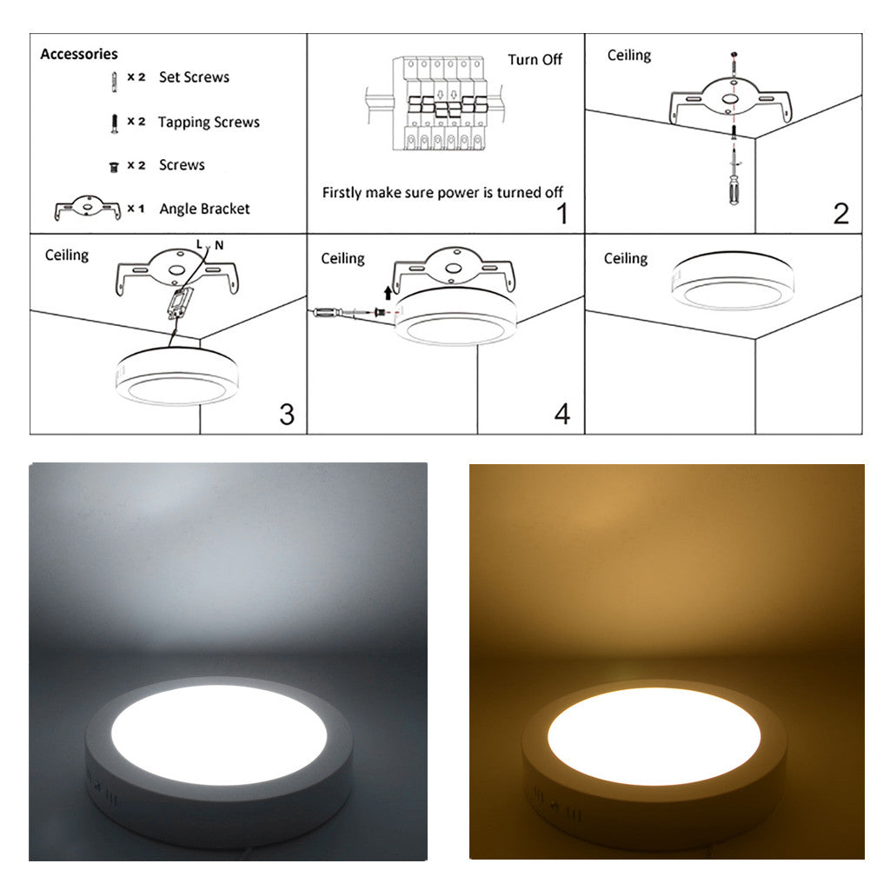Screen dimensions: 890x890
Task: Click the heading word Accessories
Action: [79, 54]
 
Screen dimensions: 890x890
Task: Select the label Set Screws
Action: [194, 77]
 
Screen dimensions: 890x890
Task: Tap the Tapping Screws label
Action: [209, 122]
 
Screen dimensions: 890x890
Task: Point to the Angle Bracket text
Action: [204, 209]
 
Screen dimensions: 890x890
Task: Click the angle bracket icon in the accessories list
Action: [88, 209]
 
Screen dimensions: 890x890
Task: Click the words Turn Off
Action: [535, 60]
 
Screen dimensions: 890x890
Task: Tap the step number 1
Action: [562, 214]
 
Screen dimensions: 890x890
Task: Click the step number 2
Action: [841, 214]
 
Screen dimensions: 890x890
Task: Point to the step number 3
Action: [287, 415]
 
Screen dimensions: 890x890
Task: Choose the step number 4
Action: [562, 415]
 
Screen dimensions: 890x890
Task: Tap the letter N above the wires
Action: [219, 245]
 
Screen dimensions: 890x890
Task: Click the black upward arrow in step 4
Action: [388, 292]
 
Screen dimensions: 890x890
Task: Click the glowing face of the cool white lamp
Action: [219, 735]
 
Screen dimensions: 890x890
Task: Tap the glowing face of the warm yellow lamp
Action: [654, 736]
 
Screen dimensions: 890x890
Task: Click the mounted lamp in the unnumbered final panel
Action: [733, 281]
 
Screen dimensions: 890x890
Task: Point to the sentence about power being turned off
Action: [442, 193]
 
